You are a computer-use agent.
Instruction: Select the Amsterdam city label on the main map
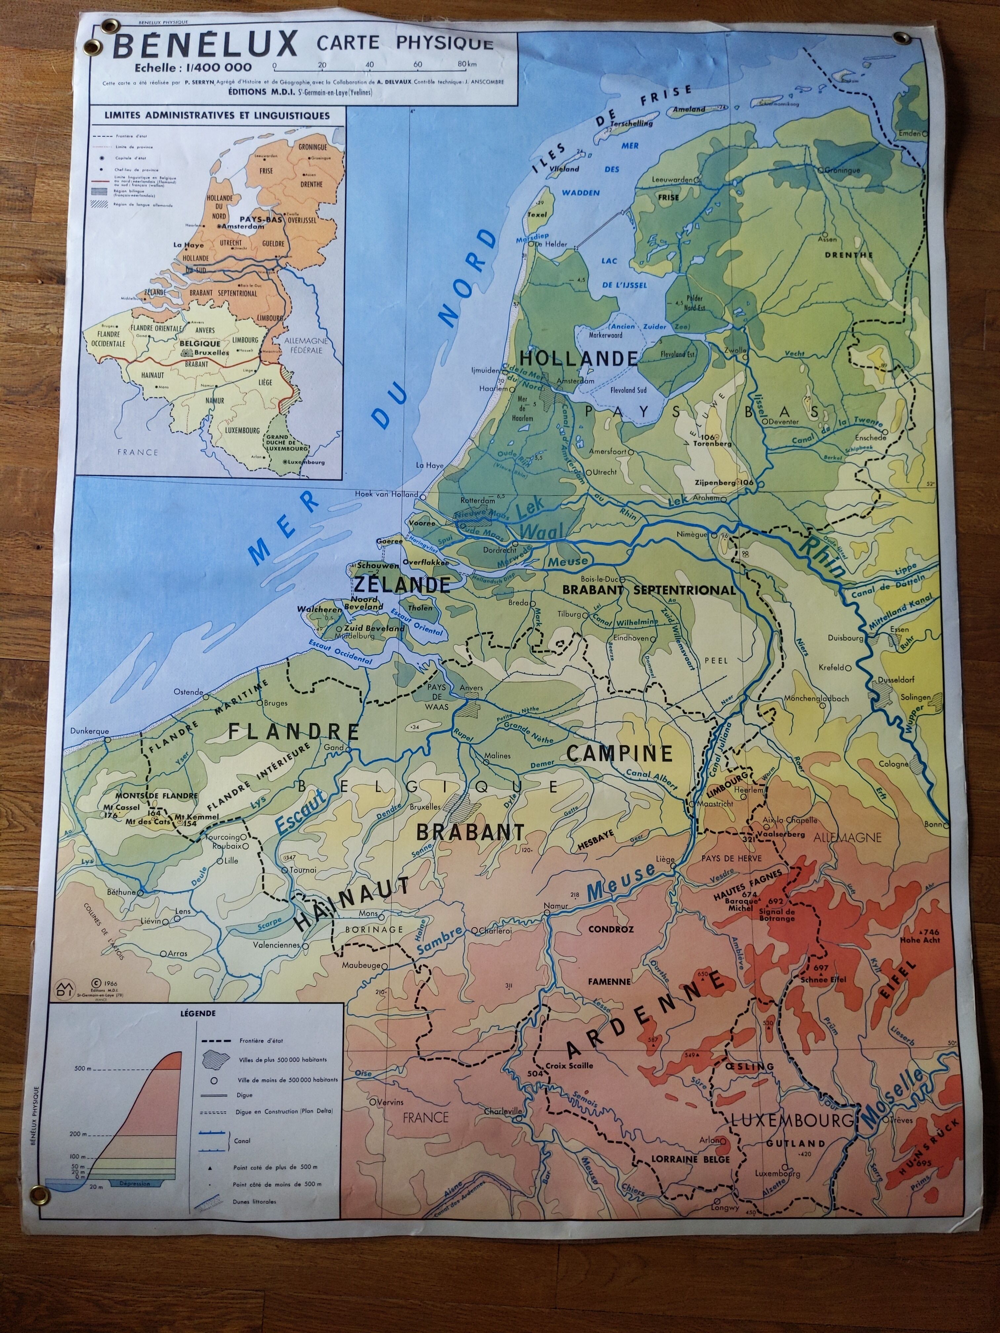(576, 381)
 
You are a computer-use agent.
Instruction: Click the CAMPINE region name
(619, 753)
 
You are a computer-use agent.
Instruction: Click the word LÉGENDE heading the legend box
(198, 1014)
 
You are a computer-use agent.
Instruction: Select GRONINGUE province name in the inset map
(312, 147)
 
